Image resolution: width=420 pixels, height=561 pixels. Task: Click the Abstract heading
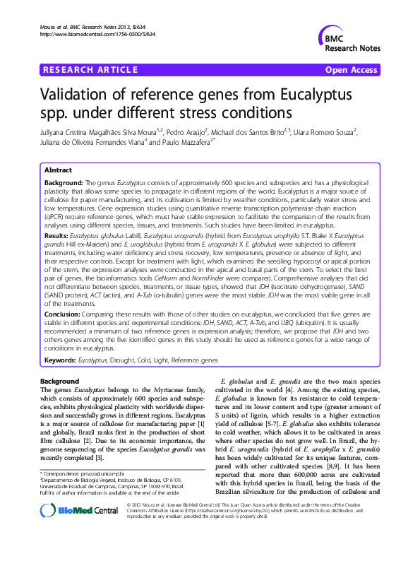(59, 171)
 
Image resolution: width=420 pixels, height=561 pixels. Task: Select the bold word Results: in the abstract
(56, 234)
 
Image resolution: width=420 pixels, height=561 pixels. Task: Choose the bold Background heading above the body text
(60, 382)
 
